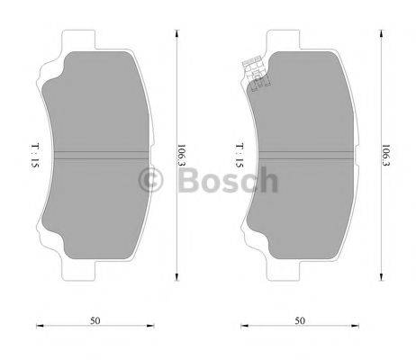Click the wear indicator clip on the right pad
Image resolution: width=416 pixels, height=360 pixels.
click(x=255, y=74)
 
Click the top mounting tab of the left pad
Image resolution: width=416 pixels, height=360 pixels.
click(x=79, y=39)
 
